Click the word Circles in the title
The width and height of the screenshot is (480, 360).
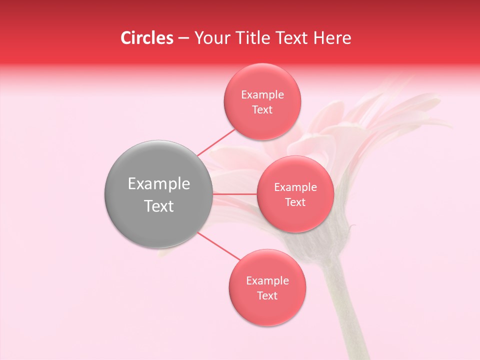[x=146, y=38]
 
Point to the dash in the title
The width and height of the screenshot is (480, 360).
[x=183, y=38]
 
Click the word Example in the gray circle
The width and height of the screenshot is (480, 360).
[x=159, y=184]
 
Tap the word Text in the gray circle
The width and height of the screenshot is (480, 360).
[x=159, y=206]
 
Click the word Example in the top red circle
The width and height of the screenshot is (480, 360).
[x=262, y=94]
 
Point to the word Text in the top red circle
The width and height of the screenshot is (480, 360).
[x=262, y=109]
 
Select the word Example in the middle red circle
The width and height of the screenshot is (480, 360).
[x=295, y=187]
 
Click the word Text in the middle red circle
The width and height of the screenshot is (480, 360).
[x=295, y=202]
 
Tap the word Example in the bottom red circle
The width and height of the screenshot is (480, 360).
[x=267, y=280]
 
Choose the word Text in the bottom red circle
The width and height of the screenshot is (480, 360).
[x=267, y=295]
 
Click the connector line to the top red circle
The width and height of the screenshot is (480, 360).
[x=216, y=142]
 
